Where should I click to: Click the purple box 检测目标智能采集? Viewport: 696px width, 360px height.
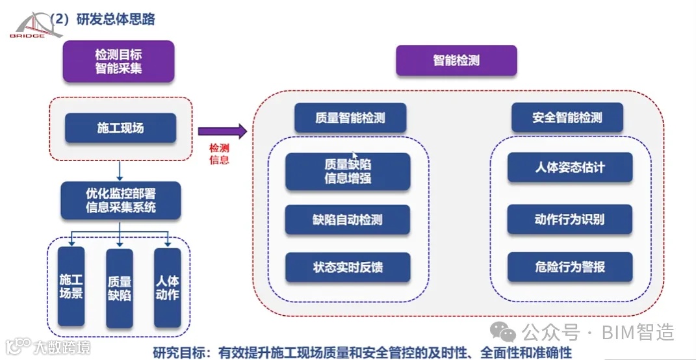coord(118,61)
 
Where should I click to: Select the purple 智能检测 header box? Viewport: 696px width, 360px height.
coord(456,60)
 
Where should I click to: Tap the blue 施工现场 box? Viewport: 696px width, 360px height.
coord(120,128)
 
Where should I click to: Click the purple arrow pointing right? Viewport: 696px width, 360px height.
coord(222,132)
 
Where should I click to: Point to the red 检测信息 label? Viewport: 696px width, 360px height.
coord(219,154)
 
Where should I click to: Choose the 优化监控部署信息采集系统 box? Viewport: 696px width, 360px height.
coord(120,200)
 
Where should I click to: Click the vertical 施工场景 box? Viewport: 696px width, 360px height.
coord(71,286)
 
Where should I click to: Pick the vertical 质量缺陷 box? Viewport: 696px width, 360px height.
coord(120,288)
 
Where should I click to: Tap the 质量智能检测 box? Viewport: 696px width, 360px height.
coord(350,118)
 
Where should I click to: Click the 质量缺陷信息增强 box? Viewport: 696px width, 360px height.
coord(348,172)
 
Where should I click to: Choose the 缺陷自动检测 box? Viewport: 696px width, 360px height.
coord(348,220)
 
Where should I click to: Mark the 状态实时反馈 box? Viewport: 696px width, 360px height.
coord(348,267)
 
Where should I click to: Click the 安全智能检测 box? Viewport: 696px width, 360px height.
coord(567,118)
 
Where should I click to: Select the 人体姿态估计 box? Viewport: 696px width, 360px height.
coord(569,168)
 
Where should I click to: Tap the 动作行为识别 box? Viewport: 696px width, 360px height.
coord(569,219)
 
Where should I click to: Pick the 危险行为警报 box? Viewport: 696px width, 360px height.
coord(569,267)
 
